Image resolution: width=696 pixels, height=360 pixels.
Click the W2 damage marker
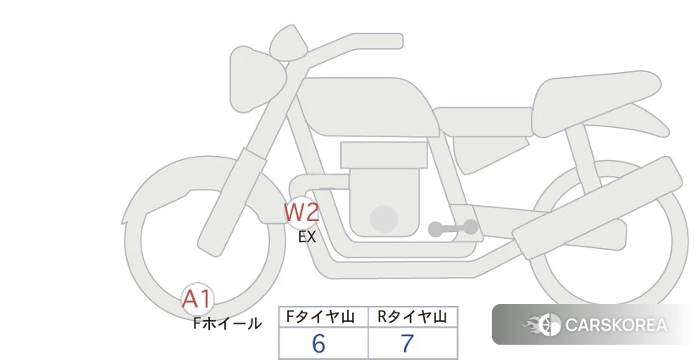(301, 212)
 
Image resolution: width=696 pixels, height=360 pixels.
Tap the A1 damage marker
(197, 298)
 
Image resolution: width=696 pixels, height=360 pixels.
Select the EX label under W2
(307, 237)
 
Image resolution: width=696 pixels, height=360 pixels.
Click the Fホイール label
(227, 323)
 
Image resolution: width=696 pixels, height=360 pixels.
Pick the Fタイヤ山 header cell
(323, 317)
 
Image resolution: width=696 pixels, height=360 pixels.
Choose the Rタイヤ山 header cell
(412, 317)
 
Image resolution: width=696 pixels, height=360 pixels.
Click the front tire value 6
(318, 344)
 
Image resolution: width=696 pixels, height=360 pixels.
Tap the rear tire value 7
(407, 344)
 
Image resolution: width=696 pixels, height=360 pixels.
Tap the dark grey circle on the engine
(384, 218)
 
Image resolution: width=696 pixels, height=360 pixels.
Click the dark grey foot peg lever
(452, 228)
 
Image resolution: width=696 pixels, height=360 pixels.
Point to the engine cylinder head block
(384, 155)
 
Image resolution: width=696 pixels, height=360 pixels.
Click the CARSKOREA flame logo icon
(542, 325)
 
